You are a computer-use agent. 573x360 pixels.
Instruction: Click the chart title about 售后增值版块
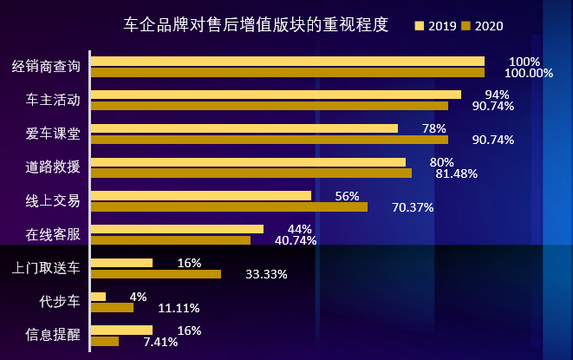tap(256, 23)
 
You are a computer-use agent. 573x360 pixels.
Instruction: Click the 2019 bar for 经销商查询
tap(287, 62)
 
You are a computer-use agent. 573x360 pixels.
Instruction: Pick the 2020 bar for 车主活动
tap(270, 106)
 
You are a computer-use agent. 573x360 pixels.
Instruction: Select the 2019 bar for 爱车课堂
tap(244, 128)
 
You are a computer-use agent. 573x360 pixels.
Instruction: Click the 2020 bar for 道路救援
tap(251, 173)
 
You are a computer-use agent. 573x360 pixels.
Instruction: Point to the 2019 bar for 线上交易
tap(200, 196)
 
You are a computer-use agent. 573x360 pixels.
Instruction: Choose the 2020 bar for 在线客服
tap(170, 240)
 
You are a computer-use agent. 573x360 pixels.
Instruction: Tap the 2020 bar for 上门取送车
tap(155, 274)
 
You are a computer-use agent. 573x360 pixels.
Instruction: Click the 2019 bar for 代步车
tap(98, 297)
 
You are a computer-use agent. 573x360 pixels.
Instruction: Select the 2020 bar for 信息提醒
tap(105, 341)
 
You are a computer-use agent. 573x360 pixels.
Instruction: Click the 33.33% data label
tap(266, 274)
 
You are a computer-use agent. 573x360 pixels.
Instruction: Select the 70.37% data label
tap(413, 206)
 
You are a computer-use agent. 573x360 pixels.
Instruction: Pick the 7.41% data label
tap(160, 342)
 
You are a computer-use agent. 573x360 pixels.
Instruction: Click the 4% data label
tap(138, 297)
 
